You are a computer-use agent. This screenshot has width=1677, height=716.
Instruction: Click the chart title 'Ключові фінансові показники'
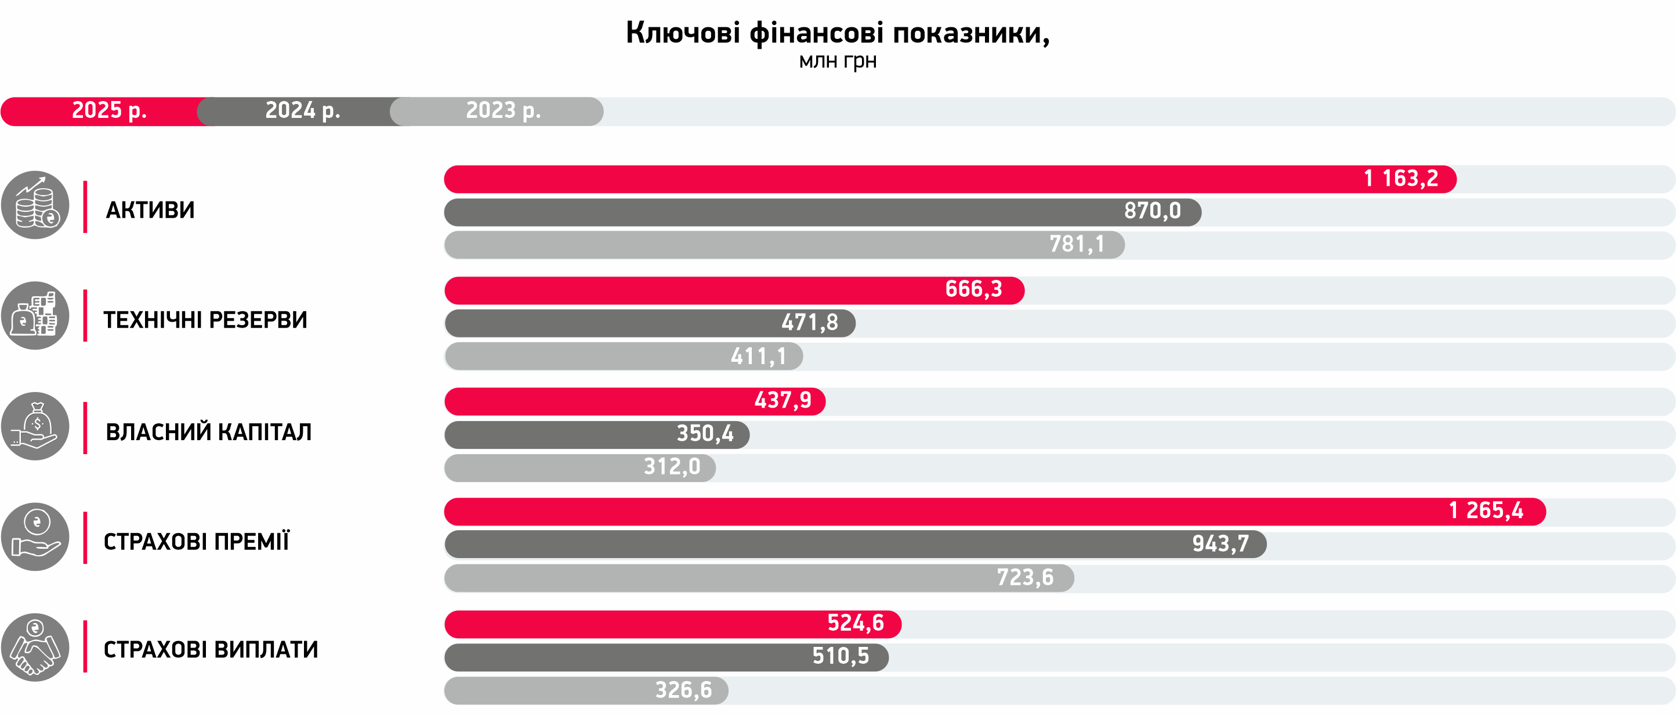[837, 33]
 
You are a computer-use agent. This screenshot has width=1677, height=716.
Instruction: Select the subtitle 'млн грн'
[838, 61]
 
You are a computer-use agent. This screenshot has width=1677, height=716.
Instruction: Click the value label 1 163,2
[1400, 178]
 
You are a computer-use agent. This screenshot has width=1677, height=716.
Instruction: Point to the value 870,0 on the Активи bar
[1151, 212]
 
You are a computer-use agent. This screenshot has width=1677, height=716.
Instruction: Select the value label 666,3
[973, 289]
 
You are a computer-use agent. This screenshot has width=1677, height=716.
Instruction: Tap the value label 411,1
[758, 357]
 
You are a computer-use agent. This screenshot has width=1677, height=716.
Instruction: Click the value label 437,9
[783, 401]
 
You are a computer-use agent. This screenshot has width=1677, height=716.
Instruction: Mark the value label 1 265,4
[1486, 511]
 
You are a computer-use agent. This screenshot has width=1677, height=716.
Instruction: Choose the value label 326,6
[683, 690]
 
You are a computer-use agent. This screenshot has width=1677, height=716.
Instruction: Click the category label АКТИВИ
[150, 210]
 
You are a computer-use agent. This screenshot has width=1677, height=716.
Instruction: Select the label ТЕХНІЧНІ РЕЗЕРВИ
[205, 321]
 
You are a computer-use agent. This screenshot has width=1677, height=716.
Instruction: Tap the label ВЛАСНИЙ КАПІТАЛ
[208, 433]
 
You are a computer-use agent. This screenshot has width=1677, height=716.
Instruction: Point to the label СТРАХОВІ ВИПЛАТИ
[210, 650]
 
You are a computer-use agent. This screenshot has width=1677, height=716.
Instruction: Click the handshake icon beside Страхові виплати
[35, 647]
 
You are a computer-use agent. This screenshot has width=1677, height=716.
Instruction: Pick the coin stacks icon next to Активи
[35, 205]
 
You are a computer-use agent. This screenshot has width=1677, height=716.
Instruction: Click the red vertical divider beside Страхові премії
[85, 538]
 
